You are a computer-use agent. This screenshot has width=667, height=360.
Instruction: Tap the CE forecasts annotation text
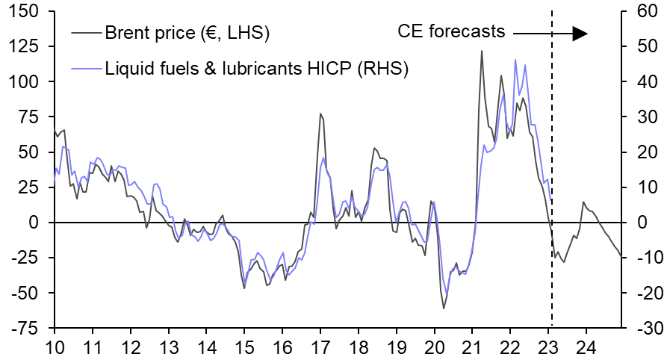click(x=451, y=32)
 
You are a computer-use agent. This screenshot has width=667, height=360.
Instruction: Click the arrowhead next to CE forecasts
click(x=580, y=33)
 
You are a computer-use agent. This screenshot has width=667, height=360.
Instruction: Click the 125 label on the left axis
click(x=26, y=46)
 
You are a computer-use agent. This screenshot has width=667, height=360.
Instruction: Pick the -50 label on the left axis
click(x=26, y=293)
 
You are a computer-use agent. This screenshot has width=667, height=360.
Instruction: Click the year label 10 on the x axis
click(x=54, y=347)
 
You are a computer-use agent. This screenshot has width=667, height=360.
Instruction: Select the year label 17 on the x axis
click(x=320, y=347)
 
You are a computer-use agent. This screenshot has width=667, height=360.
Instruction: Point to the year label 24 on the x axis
click(x=586, y=347)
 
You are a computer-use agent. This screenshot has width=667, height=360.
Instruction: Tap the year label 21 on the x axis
click(x=473, y=347)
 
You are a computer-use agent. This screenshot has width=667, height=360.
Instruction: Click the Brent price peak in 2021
click(x=482, y=51)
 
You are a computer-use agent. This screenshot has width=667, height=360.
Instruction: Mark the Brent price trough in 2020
click(x=444, y=308)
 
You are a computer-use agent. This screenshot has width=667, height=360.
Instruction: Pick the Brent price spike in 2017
click(x=320, y=114)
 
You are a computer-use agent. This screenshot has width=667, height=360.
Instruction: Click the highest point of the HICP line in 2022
click(x=515, y=60)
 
